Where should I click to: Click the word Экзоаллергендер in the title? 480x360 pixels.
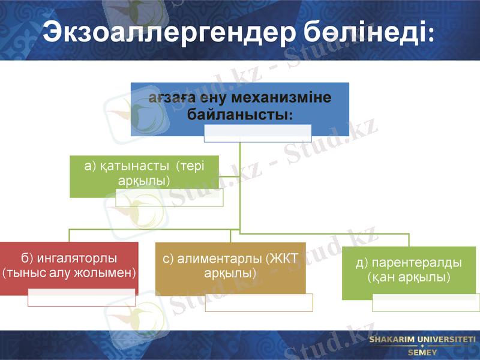click(x=166, y=31)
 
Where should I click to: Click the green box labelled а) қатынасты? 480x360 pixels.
click(x=144, y=174)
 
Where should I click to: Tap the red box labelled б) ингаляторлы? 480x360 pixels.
click(x=69, y=268)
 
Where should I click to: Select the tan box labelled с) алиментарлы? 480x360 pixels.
click(x=230, y=268)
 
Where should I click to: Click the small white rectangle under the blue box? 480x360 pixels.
click(x=257, y=133)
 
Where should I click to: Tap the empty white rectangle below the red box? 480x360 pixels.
click(x=81, y=298)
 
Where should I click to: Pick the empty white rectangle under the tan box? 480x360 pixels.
click(x=259, y=302)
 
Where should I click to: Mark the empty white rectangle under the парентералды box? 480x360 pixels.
click(x=425, y=302)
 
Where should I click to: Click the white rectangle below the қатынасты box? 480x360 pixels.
click(x=169, y=198)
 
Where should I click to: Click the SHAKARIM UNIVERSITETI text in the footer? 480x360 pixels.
click(x=422, y=340)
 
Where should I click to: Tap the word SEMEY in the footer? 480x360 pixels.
click(x=422, y=353)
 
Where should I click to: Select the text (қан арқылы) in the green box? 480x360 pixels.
click(x=409, y=277)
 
